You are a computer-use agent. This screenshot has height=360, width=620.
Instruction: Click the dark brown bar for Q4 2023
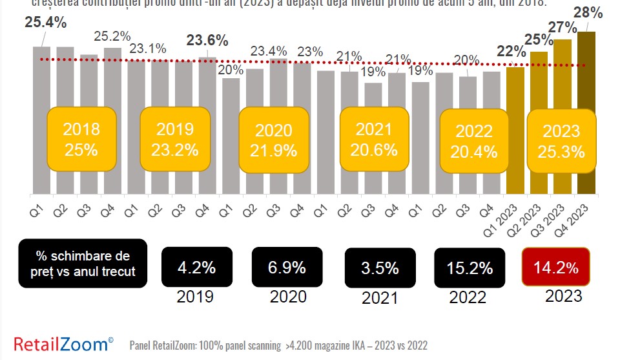tap(586, 113)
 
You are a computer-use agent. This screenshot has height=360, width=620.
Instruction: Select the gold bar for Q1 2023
tap(515, 129)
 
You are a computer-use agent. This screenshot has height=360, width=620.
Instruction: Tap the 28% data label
tap(589, 12)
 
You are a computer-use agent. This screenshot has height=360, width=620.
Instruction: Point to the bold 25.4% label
tap(46, 23)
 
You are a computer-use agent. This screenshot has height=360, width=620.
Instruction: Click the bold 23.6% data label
tap(207, 40)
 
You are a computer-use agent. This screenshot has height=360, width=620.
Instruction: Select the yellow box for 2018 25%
tap(81, 140)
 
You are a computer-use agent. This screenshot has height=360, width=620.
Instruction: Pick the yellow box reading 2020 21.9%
tap(274, 140)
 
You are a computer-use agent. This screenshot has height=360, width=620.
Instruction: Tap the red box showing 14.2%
tap(555, 267)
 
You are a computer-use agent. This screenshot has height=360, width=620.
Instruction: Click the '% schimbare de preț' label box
tap(83, 263)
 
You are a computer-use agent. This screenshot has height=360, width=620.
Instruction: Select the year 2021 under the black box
tap(380, 298)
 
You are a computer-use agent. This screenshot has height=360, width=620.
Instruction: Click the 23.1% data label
tap(148, 48)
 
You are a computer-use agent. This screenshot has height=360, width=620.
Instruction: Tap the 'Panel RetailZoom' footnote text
tap(278, 346)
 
